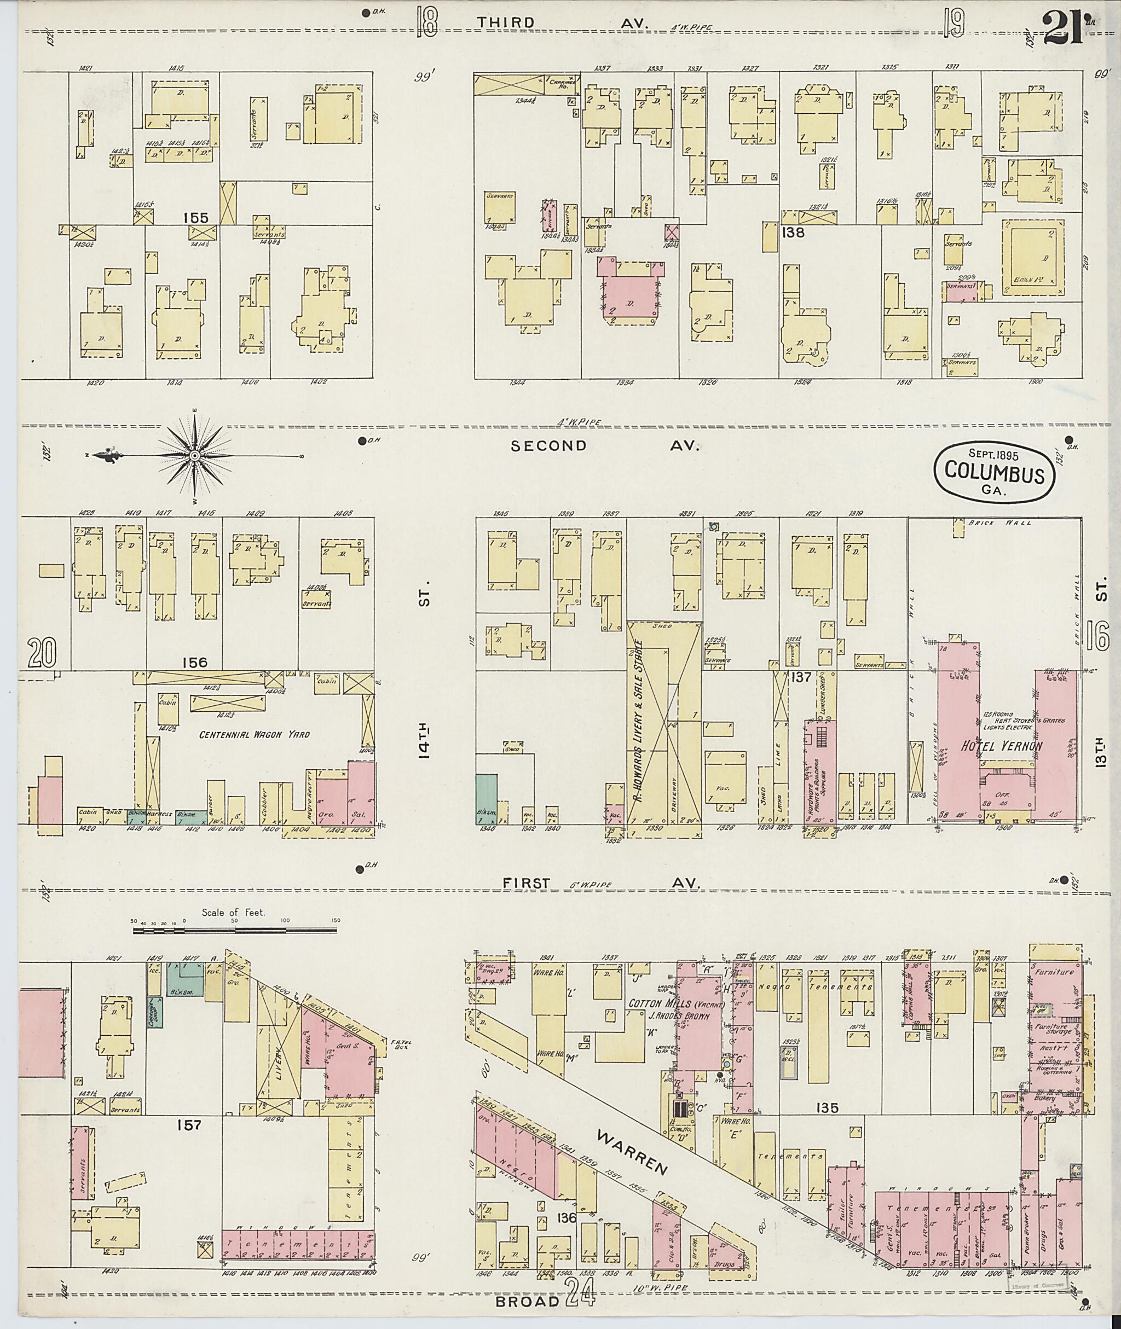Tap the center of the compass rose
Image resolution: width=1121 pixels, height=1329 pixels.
click(195, 456)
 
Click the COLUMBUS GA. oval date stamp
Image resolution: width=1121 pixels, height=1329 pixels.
click(995, 474)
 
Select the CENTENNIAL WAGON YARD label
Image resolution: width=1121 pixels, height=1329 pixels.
click(254, 734)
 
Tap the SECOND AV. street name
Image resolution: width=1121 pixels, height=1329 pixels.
click(604, 446)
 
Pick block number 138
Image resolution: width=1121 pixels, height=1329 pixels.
click(794, 233)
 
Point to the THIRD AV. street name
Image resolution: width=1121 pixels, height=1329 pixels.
click(562, 23)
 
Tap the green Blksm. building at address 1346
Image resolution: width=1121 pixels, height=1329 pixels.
click(486, 798)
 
